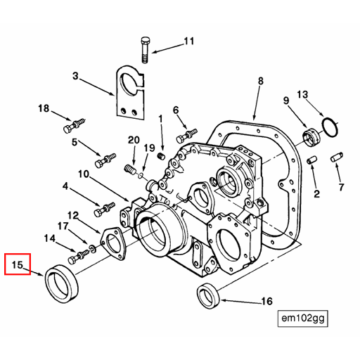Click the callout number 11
click(x=188, y=41)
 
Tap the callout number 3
click(x=76, y=75)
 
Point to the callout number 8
click(x=260, y=82)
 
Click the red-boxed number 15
click(x=18, y=265)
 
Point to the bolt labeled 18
click(x=71, y=129)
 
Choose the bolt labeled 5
click(x=105, y=159)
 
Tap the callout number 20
click(x=134, y=140)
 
